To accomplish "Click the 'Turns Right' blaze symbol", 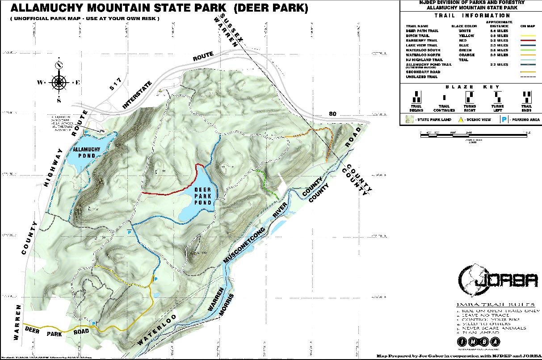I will click(470, 97).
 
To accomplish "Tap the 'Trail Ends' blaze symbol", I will click(527, 97).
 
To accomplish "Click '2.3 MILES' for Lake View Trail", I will click(499, 45).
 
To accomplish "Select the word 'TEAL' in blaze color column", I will click(464, 60).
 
